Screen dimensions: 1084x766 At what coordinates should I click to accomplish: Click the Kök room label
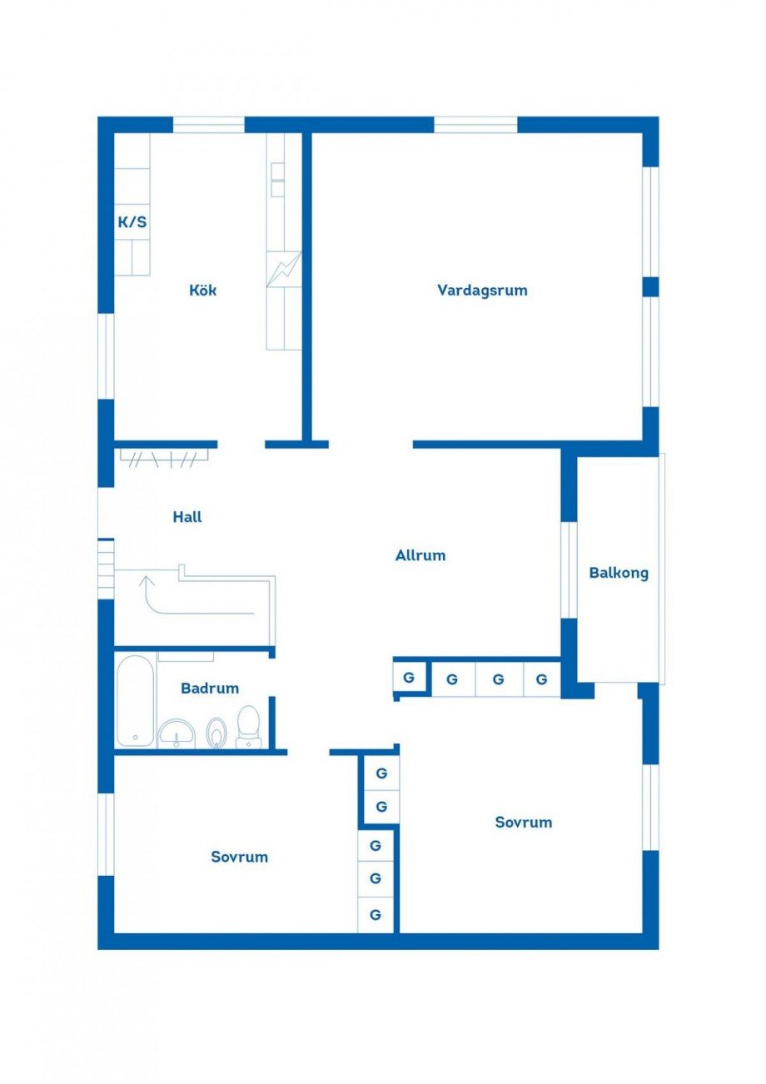coord(203,291)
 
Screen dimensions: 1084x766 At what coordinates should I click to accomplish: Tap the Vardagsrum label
coord(482,291)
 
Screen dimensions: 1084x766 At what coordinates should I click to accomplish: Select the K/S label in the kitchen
coord(132,222)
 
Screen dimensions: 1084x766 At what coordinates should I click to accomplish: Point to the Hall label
coord(187,517)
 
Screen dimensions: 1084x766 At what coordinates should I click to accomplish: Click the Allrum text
coord(420,555)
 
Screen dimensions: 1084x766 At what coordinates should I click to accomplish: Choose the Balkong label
coord(619,573)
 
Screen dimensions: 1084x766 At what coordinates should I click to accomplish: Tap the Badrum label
coord(210,689)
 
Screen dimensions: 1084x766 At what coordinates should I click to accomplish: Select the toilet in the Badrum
coord(248,726)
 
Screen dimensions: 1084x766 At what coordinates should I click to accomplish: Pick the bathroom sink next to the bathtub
coord(176,733)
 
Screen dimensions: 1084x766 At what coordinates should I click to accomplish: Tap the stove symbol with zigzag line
coord(284,269)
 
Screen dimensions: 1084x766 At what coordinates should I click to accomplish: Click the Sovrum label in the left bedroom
coord(239,857)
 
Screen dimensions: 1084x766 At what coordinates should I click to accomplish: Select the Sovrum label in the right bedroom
coord(524,823)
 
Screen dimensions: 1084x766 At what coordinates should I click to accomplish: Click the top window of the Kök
coord(209,125)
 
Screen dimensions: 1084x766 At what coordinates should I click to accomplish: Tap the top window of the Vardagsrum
coord(475,125)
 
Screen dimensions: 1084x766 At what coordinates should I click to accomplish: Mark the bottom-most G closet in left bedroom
coord(376,915)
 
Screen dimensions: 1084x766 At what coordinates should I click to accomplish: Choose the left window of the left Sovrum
coord(106,833)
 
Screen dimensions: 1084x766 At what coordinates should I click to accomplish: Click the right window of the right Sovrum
coord(650,806)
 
